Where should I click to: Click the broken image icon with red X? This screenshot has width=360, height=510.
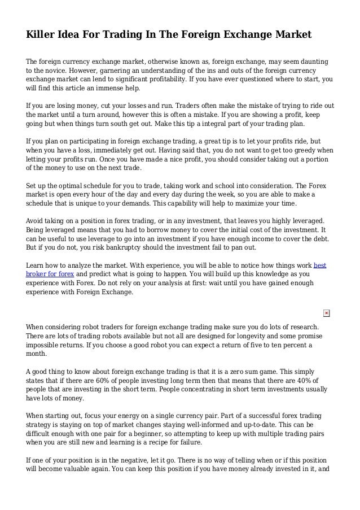coord(327,313)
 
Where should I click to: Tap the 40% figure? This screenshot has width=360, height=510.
coord(312,379)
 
